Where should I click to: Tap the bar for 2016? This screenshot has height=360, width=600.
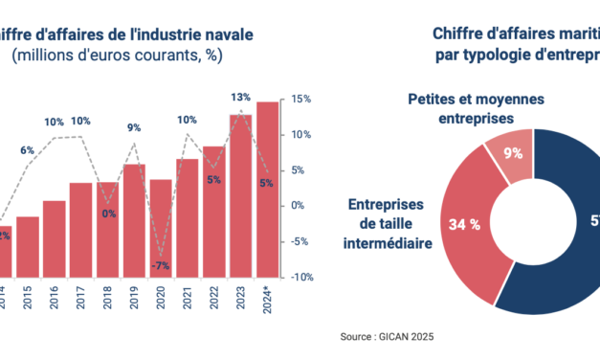coord(55,238)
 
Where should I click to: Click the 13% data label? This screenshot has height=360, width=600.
coord(241,97)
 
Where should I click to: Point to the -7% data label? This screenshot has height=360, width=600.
coord(161,265)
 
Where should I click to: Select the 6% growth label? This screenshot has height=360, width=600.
coord(28,150)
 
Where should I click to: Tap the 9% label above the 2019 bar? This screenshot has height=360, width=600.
coord(134,127)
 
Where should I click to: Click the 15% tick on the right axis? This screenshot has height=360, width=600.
coord(300,99)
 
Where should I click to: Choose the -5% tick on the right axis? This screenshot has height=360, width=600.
coord(300,241)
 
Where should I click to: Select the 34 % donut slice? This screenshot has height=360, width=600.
coord(458,225)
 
